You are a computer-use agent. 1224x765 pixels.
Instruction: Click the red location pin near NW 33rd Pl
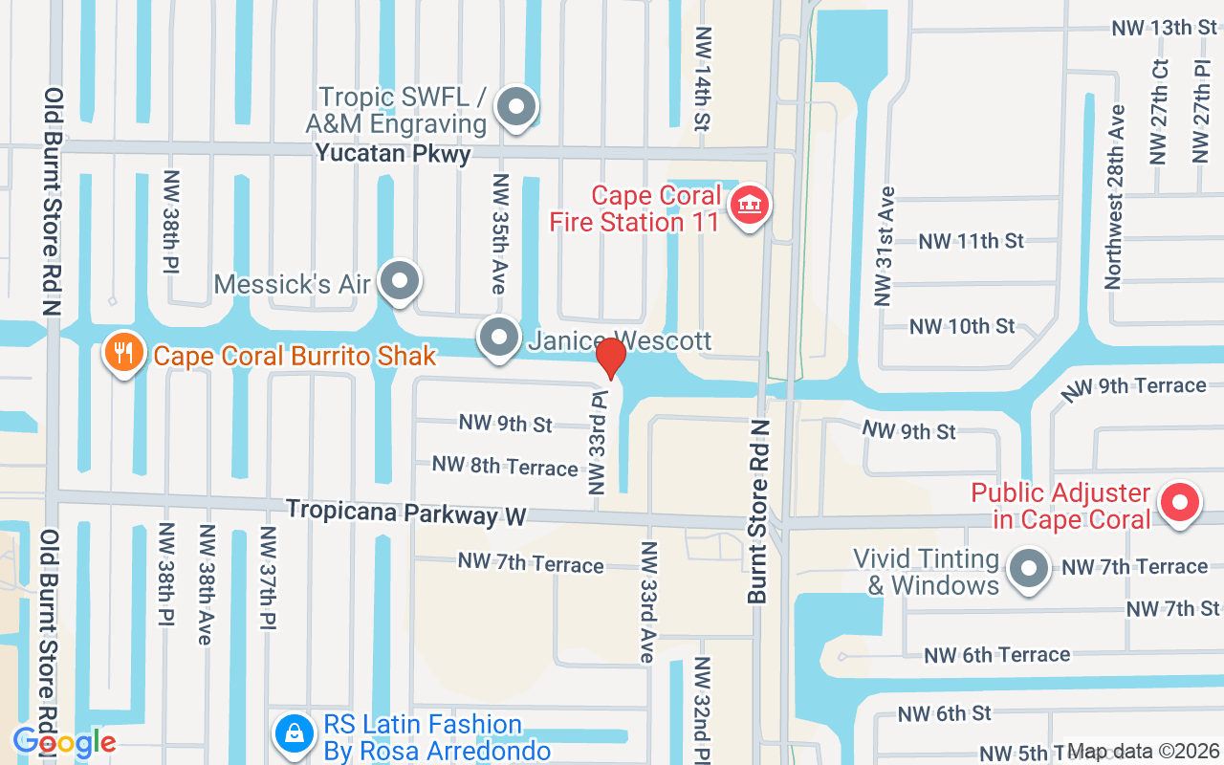tap(611, 357)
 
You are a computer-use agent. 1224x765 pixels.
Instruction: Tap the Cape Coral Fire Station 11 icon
tap(750, 206)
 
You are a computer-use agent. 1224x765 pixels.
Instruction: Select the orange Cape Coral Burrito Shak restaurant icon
tap(123, 352)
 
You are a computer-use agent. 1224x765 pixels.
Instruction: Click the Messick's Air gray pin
tap(399, 282)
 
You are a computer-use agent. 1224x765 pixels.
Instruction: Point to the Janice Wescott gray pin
tap(498, 338)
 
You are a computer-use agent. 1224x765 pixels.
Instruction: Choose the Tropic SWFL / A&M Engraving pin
tap(517, 107)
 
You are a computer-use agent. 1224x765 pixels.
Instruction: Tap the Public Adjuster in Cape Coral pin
tap(1179, 503)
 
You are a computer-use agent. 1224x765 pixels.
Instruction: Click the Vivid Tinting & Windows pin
tap(1029, 569)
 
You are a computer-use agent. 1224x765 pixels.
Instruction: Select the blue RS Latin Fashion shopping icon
tap(295, 734)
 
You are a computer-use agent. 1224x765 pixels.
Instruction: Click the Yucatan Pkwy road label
tap(393, 153)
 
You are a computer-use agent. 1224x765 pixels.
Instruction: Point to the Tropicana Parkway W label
tap(406, 513)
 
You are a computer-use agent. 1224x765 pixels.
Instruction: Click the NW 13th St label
tap(1164, 28)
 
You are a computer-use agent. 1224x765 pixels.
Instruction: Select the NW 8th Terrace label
tap(505, 466)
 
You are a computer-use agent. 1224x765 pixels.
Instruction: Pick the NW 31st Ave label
tap(884, 246)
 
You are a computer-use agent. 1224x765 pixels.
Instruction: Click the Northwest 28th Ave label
tap(1114, 209)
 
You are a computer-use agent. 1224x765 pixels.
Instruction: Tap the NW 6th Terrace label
tap(996, 655)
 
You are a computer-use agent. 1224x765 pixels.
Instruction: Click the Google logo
tap(64, 741)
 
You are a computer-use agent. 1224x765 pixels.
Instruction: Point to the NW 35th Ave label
tap(498, 234)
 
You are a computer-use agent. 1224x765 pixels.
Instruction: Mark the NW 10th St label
tap(962, 326)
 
